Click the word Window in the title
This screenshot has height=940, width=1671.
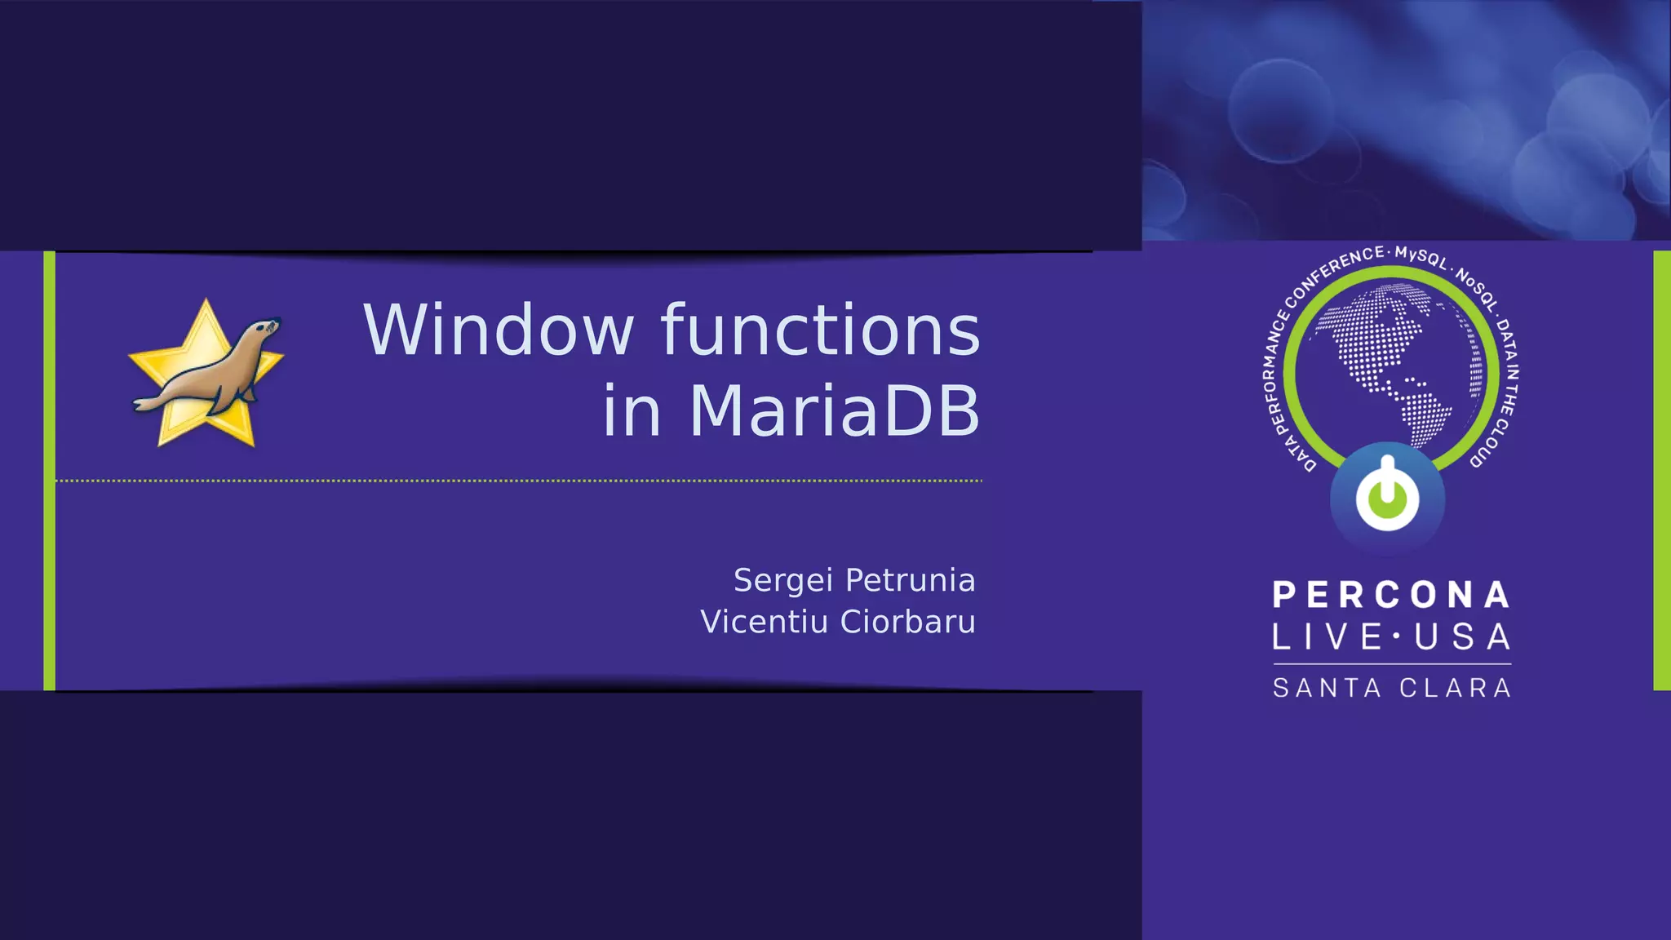click(499, 330)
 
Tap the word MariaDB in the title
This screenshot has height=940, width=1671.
click(834, 410)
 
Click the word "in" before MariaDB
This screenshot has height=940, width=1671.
click(631, 410)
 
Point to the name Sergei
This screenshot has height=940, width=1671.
click(782, 580)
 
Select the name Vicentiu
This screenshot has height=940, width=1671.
click(764, 622)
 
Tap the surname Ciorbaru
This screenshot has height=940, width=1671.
click(907, 622)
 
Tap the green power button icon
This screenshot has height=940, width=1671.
click(1387, 496)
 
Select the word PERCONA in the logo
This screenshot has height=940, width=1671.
click(1391, 595)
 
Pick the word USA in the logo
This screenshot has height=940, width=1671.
click(1462, 637)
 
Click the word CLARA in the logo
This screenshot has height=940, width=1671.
click(1456, 688)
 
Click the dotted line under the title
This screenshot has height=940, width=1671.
click(518, 481)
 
